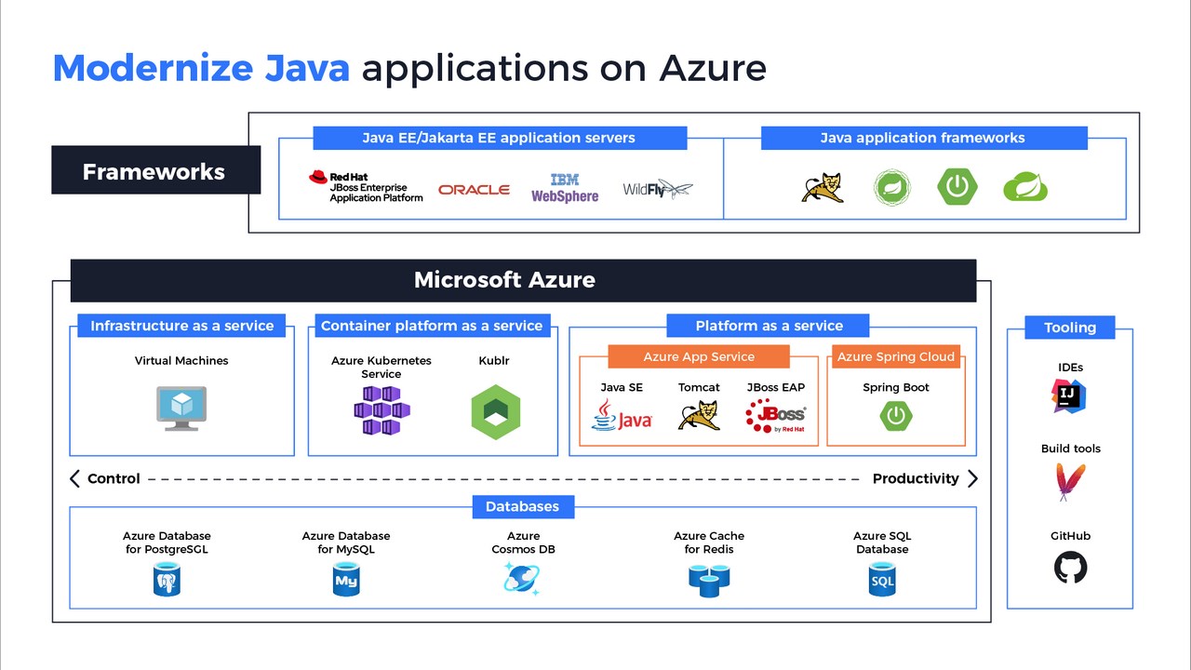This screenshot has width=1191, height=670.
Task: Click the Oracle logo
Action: pos(474,190)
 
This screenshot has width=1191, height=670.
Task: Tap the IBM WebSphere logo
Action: pos(565,188)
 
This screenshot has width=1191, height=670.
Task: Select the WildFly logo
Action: pos(657,189)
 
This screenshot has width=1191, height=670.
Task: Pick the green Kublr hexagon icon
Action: pos(495,411)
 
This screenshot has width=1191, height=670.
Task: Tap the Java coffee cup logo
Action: pos(622,415)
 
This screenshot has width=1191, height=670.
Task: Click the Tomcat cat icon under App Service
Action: pos(699,415)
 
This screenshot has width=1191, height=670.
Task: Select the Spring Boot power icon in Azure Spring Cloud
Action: pos(896,416)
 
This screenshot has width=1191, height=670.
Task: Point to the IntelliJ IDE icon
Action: pos(1070,395)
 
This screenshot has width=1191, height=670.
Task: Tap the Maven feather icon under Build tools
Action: pos(1070,481)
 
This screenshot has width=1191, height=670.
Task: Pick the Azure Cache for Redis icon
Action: pos(709,580)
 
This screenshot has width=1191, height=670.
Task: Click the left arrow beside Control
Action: pos(74,478)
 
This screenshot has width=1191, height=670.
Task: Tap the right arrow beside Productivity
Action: pos(972,478)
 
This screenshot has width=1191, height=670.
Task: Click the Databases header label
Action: pos(522,507)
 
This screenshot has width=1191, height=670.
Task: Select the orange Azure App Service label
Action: pos(699,357)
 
